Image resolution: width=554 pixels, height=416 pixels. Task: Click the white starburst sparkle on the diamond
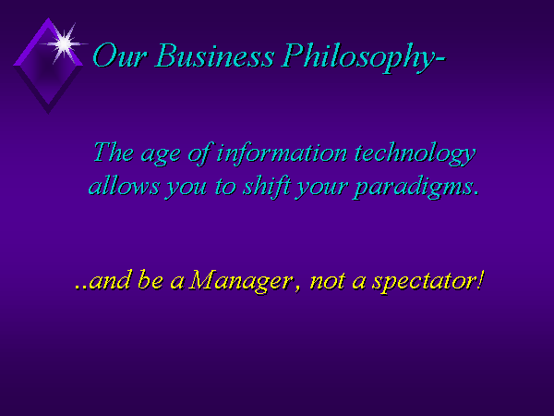coord(64,43)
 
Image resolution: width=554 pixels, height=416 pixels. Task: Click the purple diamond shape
coord(48,66)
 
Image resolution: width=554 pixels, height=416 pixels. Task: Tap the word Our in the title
coord(119,55)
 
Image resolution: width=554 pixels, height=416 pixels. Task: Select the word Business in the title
coord(214,55)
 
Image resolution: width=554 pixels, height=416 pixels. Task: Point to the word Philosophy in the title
coord(359,58)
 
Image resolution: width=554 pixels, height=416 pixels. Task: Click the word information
coord(282,153)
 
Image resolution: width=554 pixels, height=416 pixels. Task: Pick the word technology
coord(415,154)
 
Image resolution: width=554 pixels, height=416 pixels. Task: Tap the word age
coord(161,156)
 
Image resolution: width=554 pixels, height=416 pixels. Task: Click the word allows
coord(124,186)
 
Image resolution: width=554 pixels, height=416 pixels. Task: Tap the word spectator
coord(423,282)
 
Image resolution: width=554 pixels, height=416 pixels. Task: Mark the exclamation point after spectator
coord(479,279)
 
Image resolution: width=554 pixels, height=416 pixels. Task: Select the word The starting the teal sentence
coord(114,153)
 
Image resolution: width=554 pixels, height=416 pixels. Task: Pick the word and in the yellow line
coord(110,280)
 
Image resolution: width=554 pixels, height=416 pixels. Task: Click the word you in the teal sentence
coord(187,189)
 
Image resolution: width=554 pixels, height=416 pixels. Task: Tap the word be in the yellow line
coord(151,280)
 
